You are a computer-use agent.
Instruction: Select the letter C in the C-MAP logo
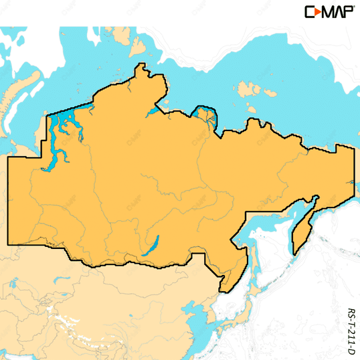pyautogui.click(x=309, y=11)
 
